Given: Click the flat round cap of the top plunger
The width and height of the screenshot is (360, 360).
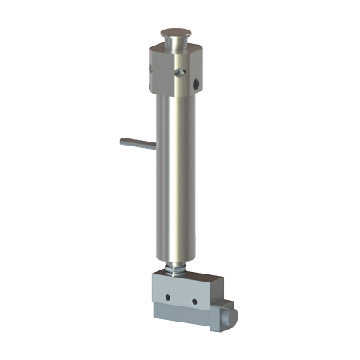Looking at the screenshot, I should pos(175,33).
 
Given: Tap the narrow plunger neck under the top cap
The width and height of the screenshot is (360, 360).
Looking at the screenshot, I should pos(175,43).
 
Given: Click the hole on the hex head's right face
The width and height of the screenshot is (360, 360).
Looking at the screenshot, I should pos(197,82).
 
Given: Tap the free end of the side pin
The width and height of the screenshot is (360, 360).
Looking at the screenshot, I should pos(123,142).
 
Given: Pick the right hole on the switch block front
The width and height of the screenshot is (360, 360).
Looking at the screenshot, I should pos(193,301).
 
